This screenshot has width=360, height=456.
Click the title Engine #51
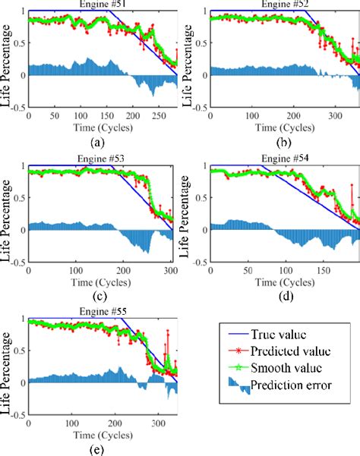coord(103,5)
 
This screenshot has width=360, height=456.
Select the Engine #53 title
coord(103,158)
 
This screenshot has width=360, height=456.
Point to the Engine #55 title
coord(103,312)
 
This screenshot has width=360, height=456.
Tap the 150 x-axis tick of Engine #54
coord(324,270)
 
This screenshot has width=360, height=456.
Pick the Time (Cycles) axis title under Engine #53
coord(103,281)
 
